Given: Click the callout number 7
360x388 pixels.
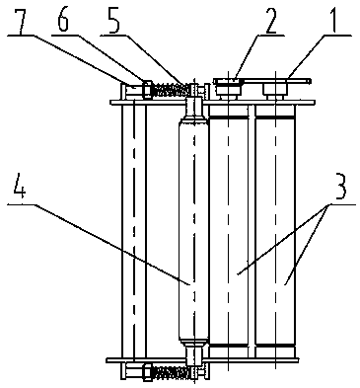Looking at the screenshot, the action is tap(23, 20).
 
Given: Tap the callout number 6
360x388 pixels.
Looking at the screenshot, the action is tap(62, 20).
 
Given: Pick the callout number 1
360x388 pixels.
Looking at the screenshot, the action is tap(332, 20).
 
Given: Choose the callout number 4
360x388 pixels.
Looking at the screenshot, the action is tap(20, 189).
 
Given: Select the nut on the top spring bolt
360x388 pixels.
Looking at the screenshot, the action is tap(147, 89).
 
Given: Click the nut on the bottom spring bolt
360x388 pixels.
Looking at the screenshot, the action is tap(147, 373).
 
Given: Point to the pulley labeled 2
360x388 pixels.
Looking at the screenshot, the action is tap(228, 87).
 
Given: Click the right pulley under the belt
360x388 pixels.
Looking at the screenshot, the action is tap(275, 90).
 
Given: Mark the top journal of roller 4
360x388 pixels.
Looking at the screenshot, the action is tap(194, 109).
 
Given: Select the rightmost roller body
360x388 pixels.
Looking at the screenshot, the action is tap(275, 231).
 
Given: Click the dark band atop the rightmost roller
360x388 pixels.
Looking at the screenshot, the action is tap(275, 116).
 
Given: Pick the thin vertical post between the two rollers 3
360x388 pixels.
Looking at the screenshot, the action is tap(252, 231).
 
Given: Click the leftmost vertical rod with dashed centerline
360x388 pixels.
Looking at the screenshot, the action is tap(134, 231).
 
